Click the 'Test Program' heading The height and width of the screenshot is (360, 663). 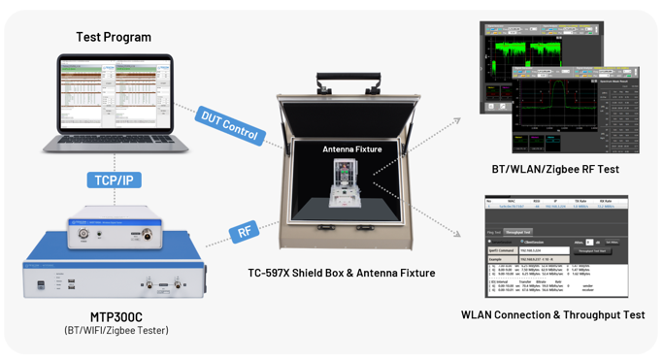(x=114, y=37)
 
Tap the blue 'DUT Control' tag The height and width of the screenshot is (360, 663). (x=229, y=124)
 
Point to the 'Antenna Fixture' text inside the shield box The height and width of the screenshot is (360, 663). (x=352, y=149)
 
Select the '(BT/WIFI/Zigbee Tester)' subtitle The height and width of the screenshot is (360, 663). (x=115, y=332)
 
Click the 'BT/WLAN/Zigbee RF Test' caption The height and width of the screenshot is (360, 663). (x=556, y=170)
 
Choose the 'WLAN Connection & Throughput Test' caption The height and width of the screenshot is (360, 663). (x=553, y=314)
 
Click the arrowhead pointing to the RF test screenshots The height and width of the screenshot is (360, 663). (x=457, y=121)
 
